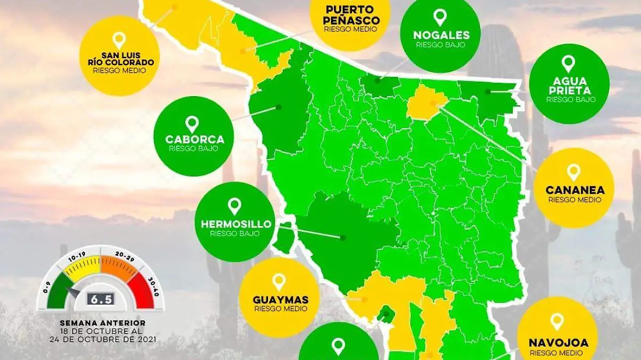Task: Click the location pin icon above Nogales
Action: click(x=440, y=17)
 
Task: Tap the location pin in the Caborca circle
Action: click(x=192, y=124)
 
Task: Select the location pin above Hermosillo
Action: click(x=234, y=206)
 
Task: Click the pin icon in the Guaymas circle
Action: click(x=279, y=283)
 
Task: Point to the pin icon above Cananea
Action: click(x=574, y=172)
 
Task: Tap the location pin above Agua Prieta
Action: click(x=568, y=64)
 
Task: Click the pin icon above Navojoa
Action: click(x=557, y=321)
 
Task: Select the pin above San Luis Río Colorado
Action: click(x=120, y=41)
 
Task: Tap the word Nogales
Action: click(x=441, y=36)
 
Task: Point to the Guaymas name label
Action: click(x=280, y=300)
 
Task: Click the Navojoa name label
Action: click(x=557, y=343)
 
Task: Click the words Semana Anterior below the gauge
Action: click(x=102, y=323)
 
